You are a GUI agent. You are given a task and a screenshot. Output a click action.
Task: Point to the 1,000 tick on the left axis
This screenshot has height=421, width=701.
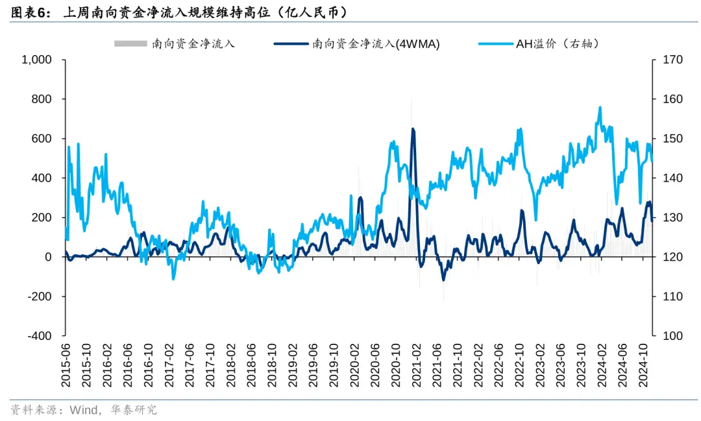[x=37, y=60]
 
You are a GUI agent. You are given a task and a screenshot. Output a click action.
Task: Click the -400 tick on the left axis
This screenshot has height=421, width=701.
[x=40, y=336]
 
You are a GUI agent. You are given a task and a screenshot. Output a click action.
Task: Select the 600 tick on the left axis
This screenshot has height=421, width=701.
[x=43, y=139]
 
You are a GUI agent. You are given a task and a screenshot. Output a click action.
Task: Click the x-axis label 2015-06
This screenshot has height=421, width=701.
[x=66, y=367]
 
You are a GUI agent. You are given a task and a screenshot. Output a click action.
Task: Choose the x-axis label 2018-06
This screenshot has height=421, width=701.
[x=251, y=367]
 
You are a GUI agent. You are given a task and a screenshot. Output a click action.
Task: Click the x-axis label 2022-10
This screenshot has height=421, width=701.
[x=518, y=367]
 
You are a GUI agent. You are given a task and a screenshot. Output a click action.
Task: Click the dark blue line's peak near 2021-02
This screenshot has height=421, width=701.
[x=413, y=129]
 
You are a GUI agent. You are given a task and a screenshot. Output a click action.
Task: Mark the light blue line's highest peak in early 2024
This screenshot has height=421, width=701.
[x=600, y=108]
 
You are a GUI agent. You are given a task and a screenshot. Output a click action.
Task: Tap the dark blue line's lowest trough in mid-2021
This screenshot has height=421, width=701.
[x=444, y=280]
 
